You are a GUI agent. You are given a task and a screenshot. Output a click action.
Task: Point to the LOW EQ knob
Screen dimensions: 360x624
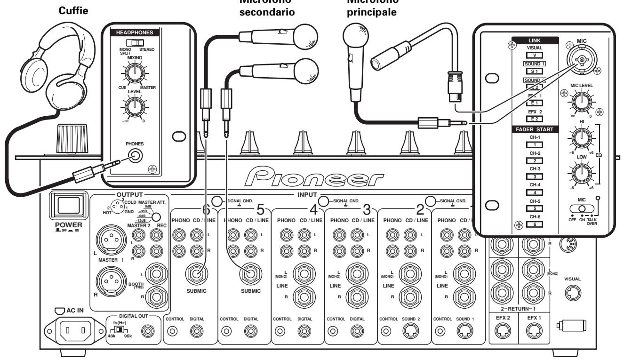pyautogui.click(x=581, y=174)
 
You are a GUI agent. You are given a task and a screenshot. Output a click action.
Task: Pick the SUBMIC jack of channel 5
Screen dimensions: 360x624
pyautogui.click(x=248, y=272)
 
